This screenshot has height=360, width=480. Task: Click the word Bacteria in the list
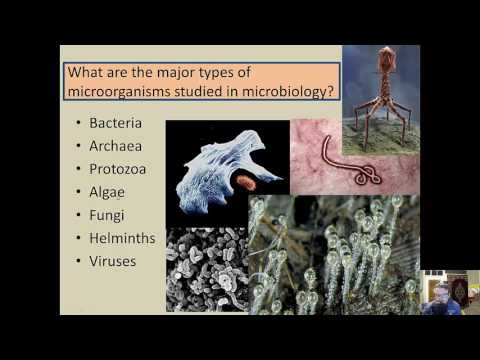(115, 123)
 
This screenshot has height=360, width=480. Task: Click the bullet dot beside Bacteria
(78, 124)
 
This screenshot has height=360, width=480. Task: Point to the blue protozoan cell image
(215, 170)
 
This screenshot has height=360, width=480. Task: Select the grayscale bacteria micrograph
(205, 270)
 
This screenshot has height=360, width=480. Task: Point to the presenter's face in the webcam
(440, 296)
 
